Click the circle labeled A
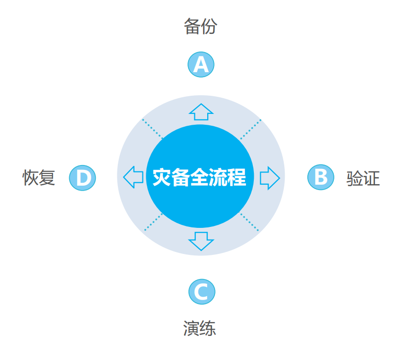[201, 64]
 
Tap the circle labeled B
[321, 177]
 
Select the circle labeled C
[202, 291]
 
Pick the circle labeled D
[82, 178]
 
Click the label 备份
[200, 26]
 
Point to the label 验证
[363, 178]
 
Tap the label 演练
[200, 328]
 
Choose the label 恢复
[39, 178]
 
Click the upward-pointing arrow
[201, 112]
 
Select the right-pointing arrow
[270, 178]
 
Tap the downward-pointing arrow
[201, 241]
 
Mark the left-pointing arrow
[133, 177]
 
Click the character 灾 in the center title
[162, 177]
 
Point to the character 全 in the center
[199, 177]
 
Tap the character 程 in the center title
[237, 177]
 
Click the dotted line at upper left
[153, 129]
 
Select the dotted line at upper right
[250, 129]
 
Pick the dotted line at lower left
[153, 222]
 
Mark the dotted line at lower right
[249, 222]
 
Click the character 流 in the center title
[218, 177]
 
